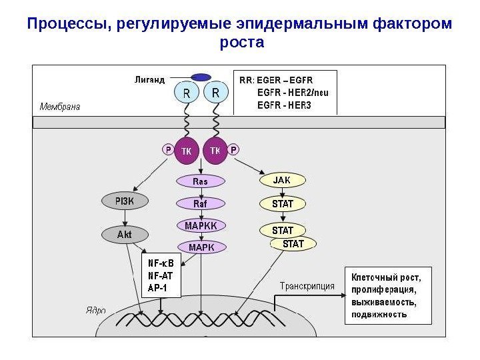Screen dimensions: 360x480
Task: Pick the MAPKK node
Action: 201,225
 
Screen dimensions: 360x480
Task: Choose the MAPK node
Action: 201,247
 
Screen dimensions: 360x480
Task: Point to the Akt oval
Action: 125,235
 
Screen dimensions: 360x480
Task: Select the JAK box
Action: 283,179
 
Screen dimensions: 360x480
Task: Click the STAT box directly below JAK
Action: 283,202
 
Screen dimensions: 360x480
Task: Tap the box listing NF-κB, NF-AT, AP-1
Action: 162,275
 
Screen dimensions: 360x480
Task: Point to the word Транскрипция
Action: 306,286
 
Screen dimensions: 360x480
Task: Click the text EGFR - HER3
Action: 284,105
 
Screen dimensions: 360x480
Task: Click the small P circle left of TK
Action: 167,150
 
